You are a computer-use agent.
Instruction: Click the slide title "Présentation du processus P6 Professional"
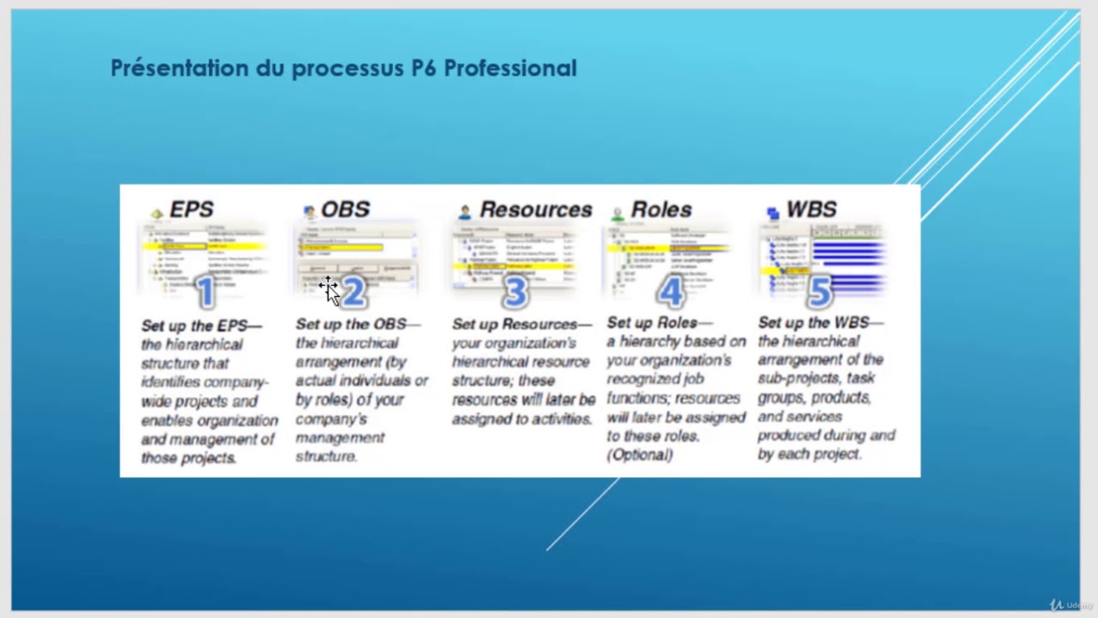pyautogui.click(x=343, y=69)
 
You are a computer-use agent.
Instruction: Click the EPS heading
pyautogui.click(x=191, y=209)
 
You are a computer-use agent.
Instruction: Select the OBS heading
pyautogui.click(x=345, y=209)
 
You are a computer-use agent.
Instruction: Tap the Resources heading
pyautogui.click(x=535, y=209)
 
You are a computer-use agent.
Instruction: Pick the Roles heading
pyautogui.click(x=661, y=209)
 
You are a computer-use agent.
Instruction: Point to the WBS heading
pyautogui.click(x=811, y=209)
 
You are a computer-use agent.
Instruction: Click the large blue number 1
pyautogui.click(x=205, y=292)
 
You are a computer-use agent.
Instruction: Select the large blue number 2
pyautogui.click(x=354, y=292)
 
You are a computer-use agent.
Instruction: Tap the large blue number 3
pyautogui.click(x=515, y=292)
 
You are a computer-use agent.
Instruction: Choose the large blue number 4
pyautogui.click(x=671, y=292)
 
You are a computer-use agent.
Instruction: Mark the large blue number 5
pyautogui.click(x=819, y=292)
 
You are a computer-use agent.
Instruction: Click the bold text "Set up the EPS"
pyautogui.click(x=195, y=326)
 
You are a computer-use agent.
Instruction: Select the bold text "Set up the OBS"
pyautogui.click(x=351, y=324)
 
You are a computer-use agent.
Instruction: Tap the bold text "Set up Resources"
pyautogui.click(x=515, y=324)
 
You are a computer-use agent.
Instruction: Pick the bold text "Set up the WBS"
pyautogui.click(x=813, y=323)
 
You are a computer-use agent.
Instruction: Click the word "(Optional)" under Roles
pyautogui.click(x=640, y=455)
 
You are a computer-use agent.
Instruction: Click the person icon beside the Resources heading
pyautogui.click(x=465, y=211)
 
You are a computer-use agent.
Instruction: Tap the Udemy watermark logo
pyautogui.click(x=1071, y=605)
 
